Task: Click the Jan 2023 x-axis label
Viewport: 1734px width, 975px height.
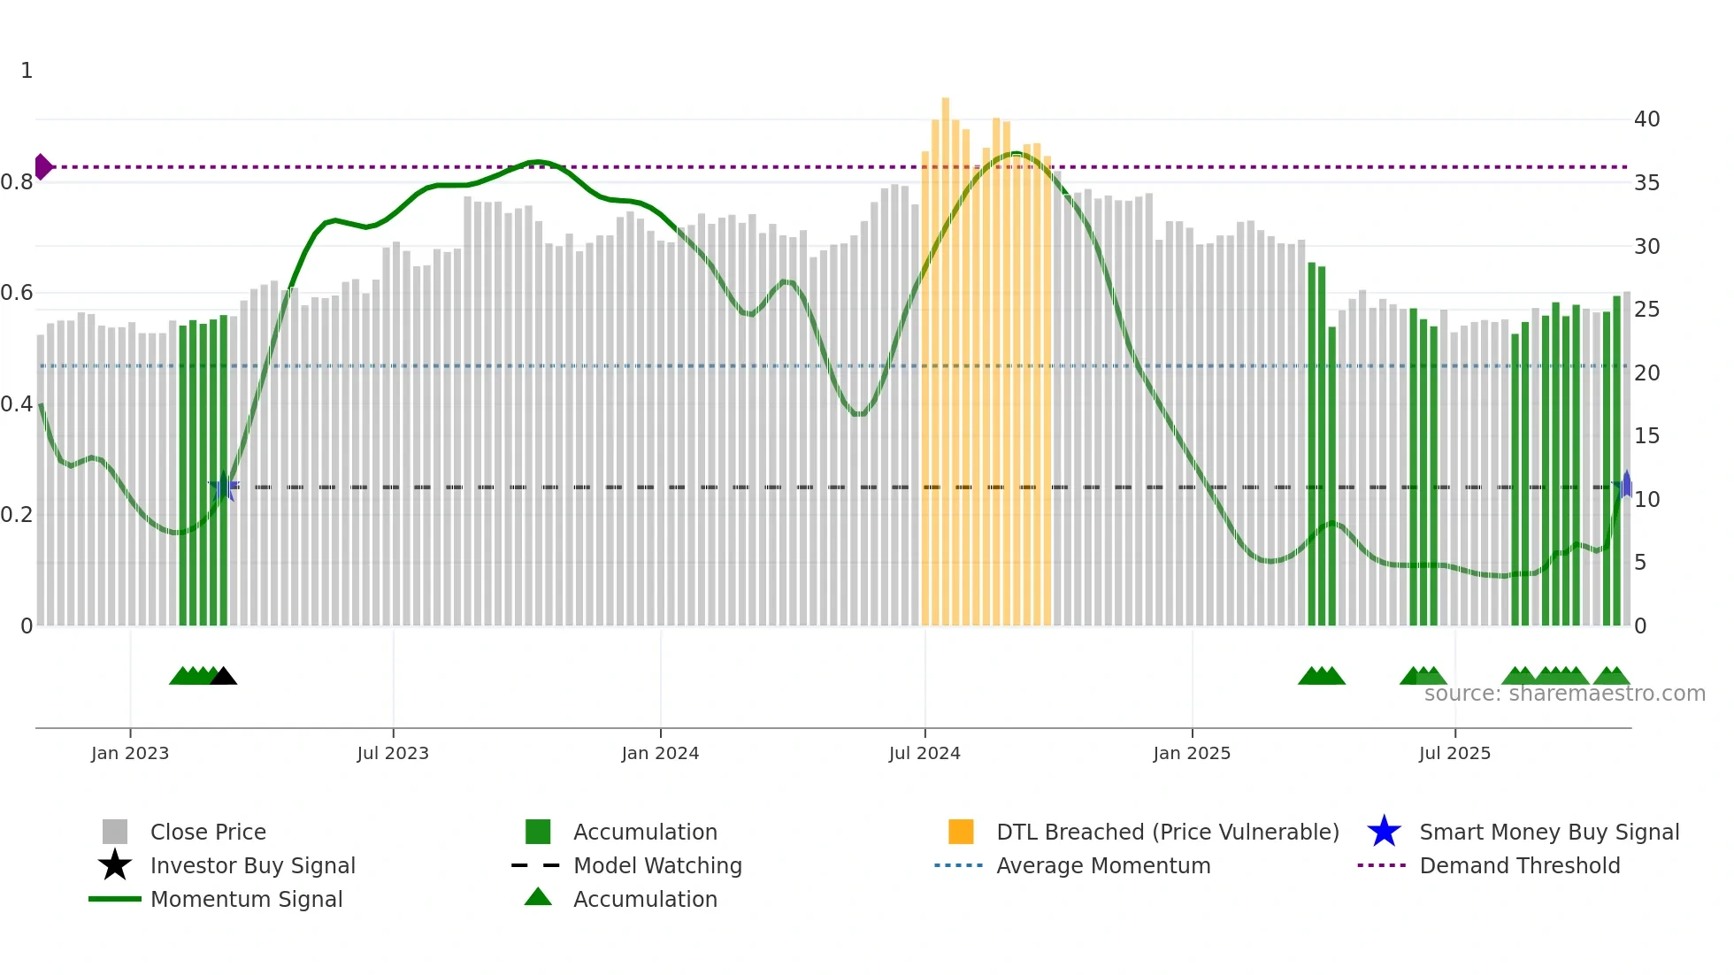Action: (x=129, y=753)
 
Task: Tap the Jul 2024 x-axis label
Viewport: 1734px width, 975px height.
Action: (x=924, y=753)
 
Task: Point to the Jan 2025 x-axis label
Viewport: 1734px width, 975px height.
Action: (x=1191, y=753)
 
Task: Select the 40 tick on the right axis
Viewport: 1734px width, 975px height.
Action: (x=1646, y=119)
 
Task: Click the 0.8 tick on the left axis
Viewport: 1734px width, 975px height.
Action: (x=17, y=182)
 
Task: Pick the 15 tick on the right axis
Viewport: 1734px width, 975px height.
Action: (x=1646, y=436)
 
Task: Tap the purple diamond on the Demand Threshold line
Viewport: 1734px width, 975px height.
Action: (x=42, y=166)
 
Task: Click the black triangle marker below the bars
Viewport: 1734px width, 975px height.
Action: (x=224, y=677)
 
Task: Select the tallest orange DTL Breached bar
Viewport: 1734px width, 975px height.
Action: (x=945, y=354)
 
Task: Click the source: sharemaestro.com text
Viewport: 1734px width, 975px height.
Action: (x=1564, y=694)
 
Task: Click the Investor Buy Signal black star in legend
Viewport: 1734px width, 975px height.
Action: (x=115, y=865)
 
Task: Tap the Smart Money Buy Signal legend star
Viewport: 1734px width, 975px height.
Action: (x=1384, y=832)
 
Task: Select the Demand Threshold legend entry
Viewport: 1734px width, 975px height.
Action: (x=1519, y=865)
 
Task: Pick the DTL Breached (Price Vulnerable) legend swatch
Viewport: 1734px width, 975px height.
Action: (x=961, y=832)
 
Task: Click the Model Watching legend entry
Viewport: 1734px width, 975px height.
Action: (x=656, y=865)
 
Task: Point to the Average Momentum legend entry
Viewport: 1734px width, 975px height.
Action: (x=1102, y=865)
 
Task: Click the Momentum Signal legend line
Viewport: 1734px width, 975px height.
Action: (x=115, y=899)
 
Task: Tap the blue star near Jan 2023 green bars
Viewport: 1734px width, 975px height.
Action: (x=224, y=487)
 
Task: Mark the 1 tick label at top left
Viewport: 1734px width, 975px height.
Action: (x=27, y=71)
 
